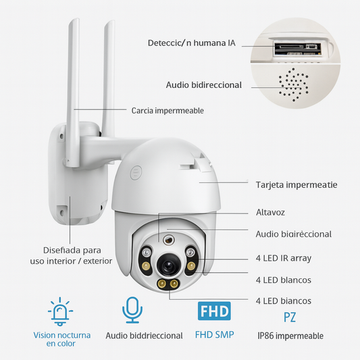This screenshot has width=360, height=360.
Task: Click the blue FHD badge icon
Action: coord(214,311)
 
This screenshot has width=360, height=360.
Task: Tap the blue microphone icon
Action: coord(132,310)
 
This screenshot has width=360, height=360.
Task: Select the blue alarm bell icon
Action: coord(60,311)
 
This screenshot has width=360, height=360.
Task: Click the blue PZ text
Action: coord(290,317)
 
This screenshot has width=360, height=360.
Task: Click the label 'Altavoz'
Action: coord(270,212)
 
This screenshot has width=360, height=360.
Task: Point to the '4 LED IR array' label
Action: coord(284,258)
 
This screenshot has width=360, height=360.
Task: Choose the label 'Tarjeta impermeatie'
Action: coord(297,185)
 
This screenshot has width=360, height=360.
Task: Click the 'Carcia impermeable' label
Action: coord(168,111)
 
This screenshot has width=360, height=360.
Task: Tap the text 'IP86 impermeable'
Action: coord(290,336)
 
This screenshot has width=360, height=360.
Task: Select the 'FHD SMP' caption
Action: coord(214,334)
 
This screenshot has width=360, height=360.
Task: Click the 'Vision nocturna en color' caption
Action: coord(61,339)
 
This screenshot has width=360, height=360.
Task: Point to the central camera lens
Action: coord(168,265)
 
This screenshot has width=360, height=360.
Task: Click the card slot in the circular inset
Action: coord(298,49)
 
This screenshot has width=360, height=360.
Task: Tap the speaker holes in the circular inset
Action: coord(294,84)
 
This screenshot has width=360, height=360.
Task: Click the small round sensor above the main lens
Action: coord(169,240)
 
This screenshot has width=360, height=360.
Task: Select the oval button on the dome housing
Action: coord(136,172)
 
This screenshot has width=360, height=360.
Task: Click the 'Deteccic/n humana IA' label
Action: coord(191,43)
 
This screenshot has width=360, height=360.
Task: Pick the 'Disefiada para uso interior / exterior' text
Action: coord(71,255)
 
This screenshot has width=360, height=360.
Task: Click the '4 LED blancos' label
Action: coord(284,280)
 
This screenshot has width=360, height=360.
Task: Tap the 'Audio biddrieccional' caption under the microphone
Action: coord(144,336)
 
